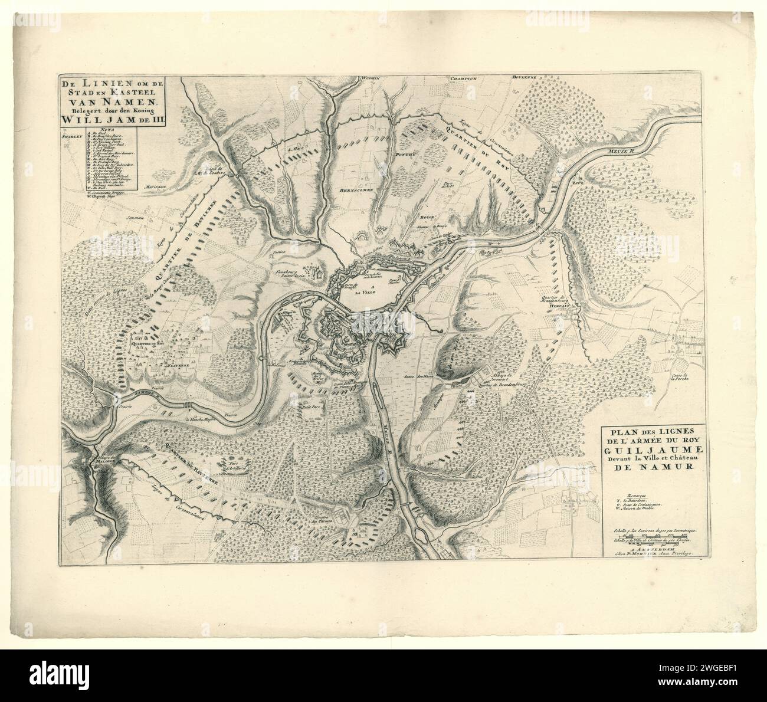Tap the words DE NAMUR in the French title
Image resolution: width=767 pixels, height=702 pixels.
point(647,469)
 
